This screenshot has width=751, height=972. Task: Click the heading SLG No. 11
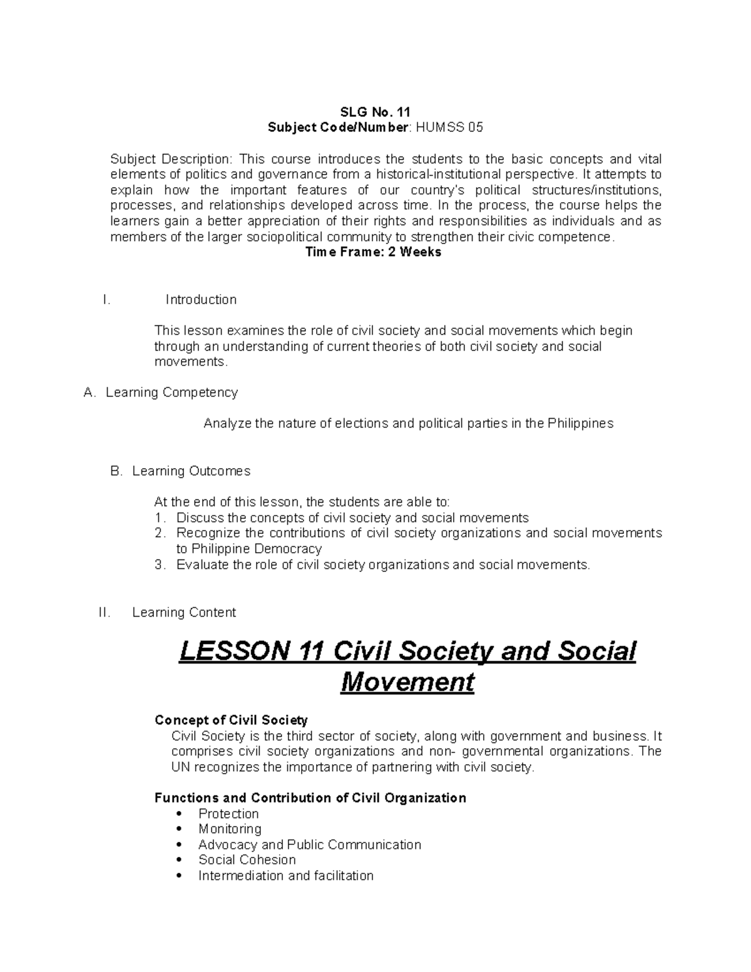click(375, 112)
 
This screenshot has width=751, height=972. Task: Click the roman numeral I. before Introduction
click(106, 300)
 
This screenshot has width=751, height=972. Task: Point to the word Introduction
click(201, 300)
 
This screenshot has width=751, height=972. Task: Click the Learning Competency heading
click(171, 392)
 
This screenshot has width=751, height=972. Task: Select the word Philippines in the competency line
click(580, 424)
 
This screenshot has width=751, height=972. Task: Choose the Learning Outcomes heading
click(191, 471)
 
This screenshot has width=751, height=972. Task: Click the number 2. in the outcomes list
click(161, 533)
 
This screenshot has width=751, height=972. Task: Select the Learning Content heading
click(184, 613)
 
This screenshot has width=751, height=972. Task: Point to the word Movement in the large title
click(407, 682)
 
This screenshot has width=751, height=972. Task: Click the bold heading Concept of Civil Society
click(231, 720)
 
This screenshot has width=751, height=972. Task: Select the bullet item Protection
click(228, 814)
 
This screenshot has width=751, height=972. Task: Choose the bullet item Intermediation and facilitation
click(285, 876)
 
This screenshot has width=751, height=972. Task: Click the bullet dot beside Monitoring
click(180, 829)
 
